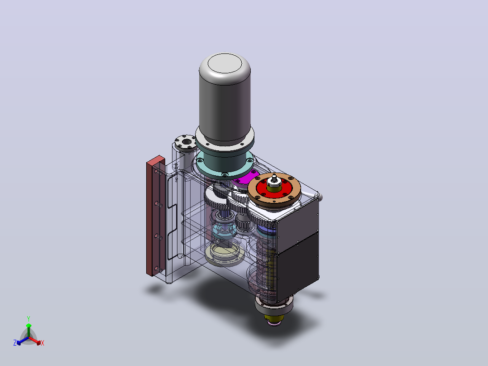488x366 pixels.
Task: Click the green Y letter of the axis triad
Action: point(29,318)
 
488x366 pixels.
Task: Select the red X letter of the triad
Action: point(43,343)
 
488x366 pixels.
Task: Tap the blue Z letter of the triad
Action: point(14,343)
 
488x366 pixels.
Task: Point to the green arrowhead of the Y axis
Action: point(29,326)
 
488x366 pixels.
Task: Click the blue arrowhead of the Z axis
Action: point(19,342)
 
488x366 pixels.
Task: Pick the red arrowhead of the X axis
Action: point(38,342)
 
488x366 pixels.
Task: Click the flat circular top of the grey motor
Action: point(225,63)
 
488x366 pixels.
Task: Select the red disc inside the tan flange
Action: point(274,188)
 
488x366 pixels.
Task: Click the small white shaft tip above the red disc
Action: point(274,178)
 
